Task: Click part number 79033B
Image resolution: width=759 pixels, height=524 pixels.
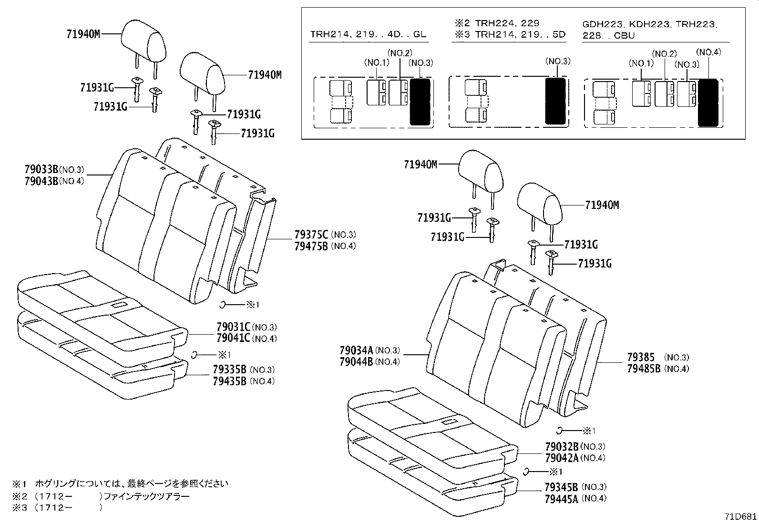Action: tap(41, 169)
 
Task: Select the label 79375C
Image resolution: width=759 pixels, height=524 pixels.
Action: tap(311, 235)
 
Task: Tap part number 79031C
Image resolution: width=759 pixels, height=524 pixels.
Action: tap(233, 327)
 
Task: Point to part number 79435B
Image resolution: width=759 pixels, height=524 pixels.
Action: tap(229, 381)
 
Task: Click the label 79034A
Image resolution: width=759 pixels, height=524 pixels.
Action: tap(357, 350)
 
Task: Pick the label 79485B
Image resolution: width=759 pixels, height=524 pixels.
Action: tap(644, 369)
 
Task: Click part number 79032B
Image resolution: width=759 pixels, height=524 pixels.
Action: tap(561, 447)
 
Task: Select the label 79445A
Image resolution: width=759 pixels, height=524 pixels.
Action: tap(561, 499)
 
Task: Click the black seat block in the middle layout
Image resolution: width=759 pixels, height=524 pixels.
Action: tap(555, 101)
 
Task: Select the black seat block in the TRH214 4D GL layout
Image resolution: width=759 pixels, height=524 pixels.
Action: tap(420, 102)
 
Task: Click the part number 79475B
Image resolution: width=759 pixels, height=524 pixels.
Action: tap(311, 246)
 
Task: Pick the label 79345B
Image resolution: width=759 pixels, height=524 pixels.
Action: tap(561, 487)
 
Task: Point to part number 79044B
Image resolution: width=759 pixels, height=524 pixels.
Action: tap(357, 362)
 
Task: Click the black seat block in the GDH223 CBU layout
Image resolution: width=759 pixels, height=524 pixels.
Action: tap(708, 103)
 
